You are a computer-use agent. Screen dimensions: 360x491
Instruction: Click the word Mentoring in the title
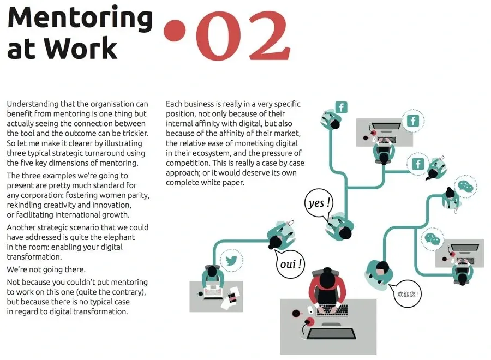pos(80,19)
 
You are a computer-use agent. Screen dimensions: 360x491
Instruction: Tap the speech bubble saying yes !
pos(319,203)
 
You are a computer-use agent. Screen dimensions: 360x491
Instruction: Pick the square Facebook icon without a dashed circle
pos(342,107)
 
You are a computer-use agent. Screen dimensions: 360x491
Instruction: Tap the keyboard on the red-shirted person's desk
pos(332,310)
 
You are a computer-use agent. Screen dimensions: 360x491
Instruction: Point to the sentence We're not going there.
pos(46,269)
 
